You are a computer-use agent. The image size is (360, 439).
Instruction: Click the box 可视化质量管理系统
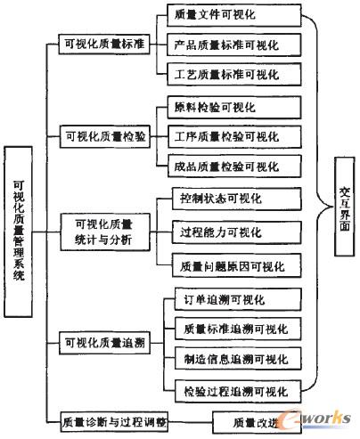coord(20,233)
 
